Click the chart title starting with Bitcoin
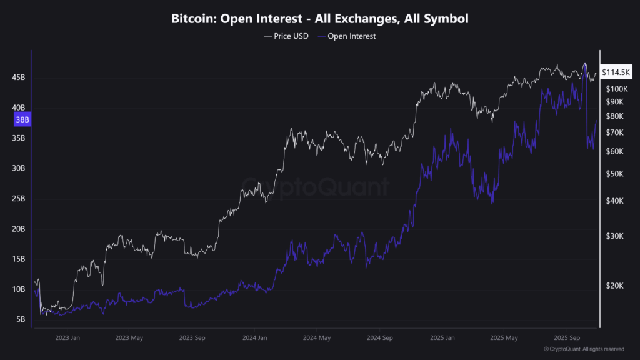tap(320, 19)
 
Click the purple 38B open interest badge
tap(22, 119)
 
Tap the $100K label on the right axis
tap(616, 89)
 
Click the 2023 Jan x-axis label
tap(67, 338)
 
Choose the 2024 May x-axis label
tap(317, 338)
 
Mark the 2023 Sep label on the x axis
tap(192, 338)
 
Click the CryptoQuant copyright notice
tap(584, 349)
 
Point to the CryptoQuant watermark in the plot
tap(316, 186)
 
